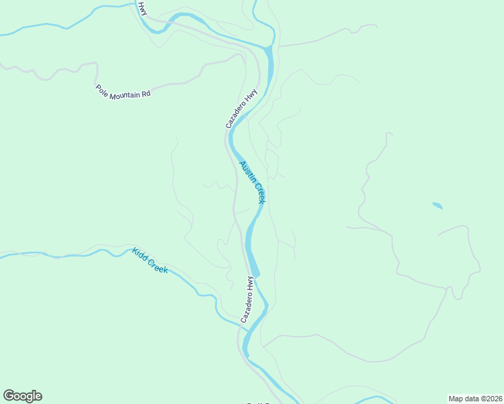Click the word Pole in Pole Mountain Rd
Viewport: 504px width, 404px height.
pos(102,89)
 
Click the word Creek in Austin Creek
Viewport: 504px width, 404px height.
pos(259,193)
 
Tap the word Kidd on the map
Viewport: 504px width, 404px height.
pos(139,254)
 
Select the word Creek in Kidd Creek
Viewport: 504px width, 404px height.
pos(158,265)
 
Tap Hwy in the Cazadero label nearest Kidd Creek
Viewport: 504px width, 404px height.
pos(250,283)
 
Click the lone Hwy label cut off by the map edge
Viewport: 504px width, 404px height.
pos(141,9)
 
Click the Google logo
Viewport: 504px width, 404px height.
pos(22,396)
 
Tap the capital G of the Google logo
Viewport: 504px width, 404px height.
pos(9,396)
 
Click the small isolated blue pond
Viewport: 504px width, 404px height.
pos(437,205)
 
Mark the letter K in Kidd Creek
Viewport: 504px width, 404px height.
pos(135,250)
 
